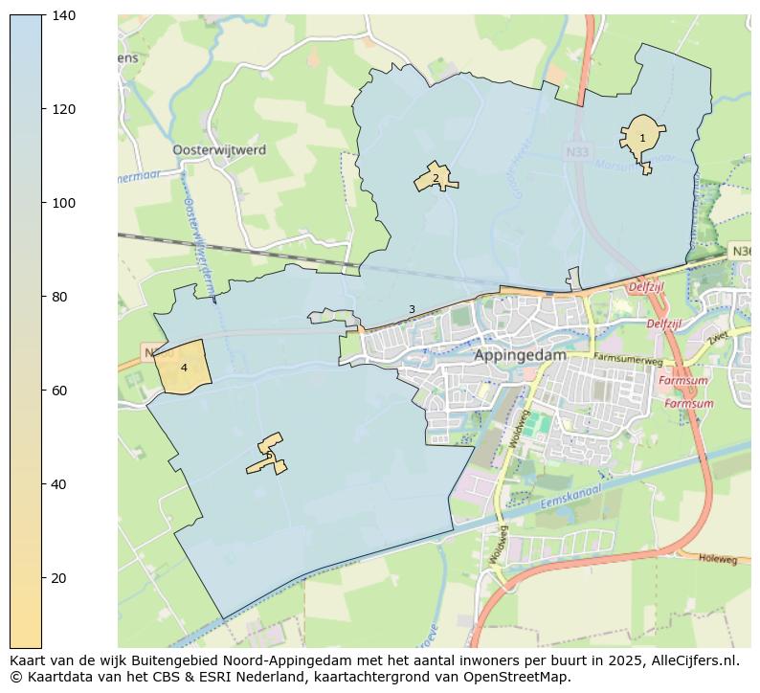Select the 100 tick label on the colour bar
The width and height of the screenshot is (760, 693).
(63, 204)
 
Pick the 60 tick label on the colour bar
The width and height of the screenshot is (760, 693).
(63, 391)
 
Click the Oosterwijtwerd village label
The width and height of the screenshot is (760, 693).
(219, 150)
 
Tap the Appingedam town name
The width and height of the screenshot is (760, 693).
(520, 354)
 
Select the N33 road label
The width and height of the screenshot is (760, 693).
(577, 152)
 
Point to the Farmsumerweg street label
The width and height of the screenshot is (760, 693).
(628, 360)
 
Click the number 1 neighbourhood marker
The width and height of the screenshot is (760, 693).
(642, 139)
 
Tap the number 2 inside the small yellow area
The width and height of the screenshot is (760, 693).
(436, 178)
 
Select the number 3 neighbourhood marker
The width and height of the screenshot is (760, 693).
(412, 309)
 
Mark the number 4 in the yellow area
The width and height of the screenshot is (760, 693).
(184, 368)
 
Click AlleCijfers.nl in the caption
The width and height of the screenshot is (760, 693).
(696, 659)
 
